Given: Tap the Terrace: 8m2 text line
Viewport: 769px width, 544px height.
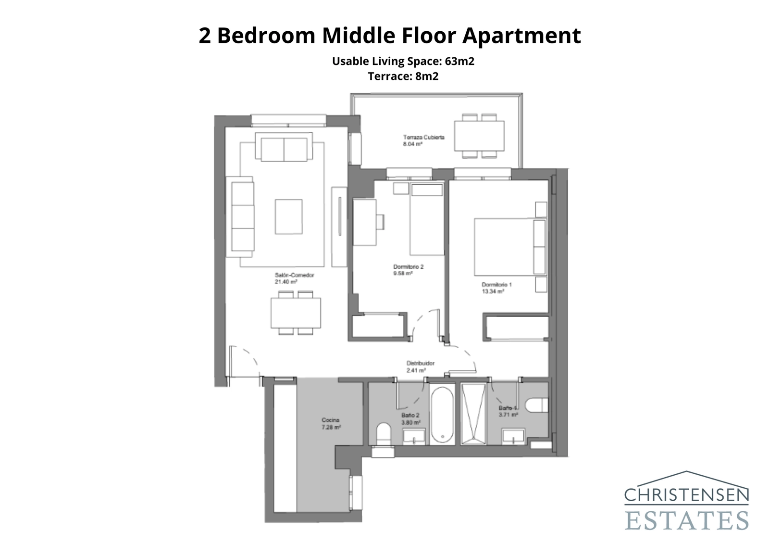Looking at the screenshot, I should point(403,76).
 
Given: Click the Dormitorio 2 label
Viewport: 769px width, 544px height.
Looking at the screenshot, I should point(408,266).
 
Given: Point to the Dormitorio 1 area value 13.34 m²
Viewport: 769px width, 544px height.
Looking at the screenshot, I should point(493,291).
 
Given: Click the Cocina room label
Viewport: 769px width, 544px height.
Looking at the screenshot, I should point(330,420).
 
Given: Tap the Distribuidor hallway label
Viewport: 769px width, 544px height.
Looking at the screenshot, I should point(420,364).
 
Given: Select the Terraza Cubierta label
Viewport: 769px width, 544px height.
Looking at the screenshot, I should point(423,137).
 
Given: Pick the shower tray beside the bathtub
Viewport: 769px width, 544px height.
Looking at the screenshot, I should point(473,414).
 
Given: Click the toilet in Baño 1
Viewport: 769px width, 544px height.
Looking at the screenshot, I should point(536,405).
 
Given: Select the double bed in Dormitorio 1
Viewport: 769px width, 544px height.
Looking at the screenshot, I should point(505,247).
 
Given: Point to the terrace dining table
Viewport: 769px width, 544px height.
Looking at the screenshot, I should point(479,136).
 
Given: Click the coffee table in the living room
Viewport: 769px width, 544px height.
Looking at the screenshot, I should point(288,216).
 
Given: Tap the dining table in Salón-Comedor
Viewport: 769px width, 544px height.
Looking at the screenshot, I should point(296,313).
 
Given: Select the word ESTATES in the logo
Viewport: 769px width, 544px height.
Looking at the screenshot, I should point(686,521).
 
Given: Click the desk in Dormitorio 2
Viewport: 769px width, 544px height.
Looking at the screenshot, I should point(364,222).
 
